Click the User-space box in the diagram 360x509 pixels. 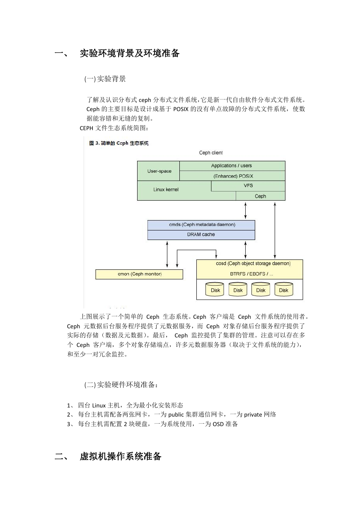point(158,171)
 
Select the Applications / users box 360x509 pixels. point(232,166)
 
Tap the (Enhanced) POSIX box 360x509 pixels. point(232,176)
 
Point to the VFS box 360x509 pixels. point(248,186)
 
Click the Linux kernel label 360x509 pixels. point(166,189)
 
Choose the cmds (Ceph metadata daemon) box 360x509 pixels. point(201,225)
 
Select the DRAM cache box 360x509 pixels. point(201,235)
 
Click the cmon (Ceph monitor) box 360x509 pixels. point(139,274)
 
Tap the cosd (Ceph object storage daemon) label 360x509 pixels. point(253,263)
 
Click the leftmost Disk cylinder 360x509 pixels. point(215,289)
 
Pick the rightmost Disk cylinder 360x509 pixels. point(283,289)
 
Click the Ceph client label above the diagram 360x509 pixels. point(211,153)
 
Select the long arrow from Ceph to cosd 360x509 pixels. point(275,230)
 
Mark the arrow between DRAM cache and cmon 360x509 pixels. point(167,254)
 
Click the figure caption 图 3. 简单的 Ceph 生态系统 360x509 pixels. point(119,143)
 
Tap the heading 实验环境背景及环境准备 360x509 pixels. point(130,53)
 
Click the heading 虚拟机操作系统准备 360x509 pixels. point(121,456)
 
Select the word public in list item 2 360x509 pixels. point(176,414)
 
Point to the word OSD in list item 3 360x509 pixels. point(218,424)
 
